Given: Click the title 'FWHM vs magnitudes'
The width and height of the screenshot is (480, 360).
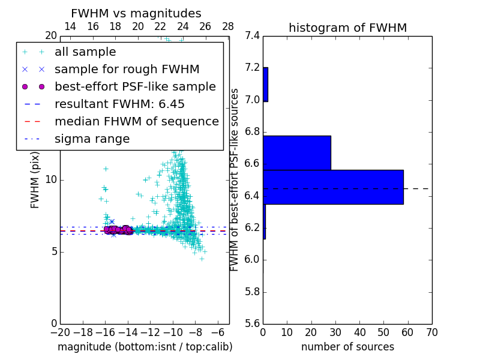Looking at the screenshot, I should pyautogui.click(x=136, y=14).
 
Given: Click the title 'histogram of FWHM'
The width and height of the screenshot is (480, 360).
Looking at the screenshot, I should pyautogui.click(x=347, y=28).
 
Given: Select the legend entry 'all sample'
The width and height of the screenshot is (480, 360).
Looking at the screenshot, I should pyautogui.click(x=85, y=52).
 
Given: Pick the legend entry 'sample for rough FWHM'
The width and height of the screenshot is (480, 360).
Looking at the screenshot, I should pyautogui.click(x=127, y=70).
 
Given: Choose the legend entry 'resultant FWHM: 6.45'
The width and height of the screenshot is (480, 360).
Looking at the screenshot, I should pyautogui.click(x=119, y=104).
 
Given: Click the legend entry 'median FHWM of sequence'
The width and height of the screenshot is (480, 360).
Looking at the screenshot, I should pyautogui.click(x=136, y=122).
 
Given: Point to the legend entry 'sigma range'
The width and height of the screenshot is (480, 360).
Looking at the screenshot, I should pyautogui.click(x=92, y=139).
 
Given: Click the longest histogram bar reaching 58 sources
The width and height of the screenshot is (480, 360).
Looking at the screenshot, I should pyautogui.click(x=333, y=187).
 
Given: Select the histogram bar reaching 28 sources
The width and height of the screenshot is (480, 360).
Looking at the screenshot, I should pyautogui.click(x=297, y=153).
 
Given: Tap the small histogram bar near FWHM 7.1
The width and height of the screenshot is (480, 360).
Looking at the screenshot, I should pyautogui.click(x=265, y=85).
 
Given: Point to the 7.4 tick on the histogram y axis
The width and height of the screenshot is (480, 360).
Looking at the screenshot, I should pyautogui.click(x=252, y=35).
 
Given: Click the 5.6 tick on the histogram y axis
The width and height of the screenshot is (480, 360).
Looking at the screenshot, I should pyautogui.click(x=252, y=324).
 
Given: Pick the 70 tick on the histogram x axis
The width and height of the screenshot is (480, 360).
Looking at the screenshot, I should pyautogui.click(x=431, y=332).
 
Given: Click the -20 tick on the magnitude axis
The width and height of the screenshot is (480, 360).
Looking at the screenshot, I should pyautogui.click(x=60, y=332).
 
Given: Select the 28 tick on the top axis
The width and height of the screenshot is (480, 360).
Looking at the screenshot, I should pyautogui.click(x=228, y=26).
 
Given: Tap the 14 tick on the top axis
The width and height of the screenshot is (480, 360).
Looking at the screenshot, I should pyautogui.click(x=70, y=26).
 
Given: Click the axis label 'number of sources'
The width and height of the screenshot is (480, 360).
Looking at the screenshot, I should pyautogui.click(x=347, y=347).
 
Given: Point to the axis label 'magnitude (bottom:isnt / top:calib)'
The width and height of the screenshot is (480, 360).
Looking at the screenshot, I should pyautogui.click(x=145, y=347).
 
